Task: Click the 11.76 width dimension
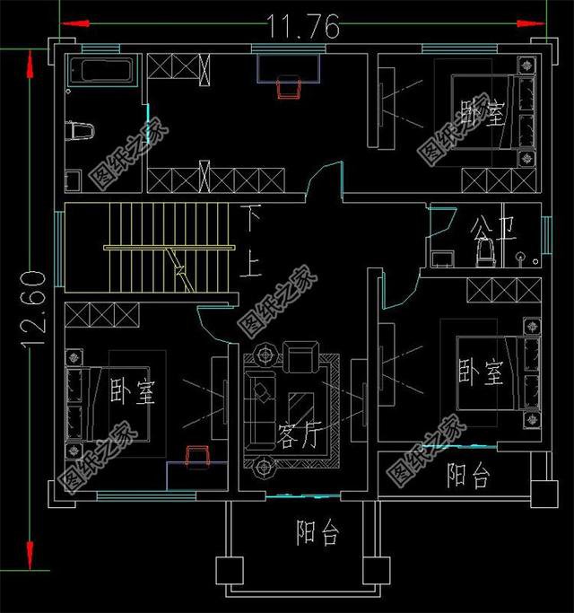point(302,27)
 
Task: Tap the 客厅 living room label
point(299,436)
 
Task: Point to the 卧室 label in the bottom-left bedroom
point(132,392)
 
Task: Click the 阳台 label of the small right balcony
point(468,476)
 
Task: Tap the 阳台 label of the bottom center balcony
point(317,533)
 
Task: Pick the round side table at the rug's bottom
point(265,466)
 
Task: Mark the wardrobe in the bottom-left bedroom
point(101,316)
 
